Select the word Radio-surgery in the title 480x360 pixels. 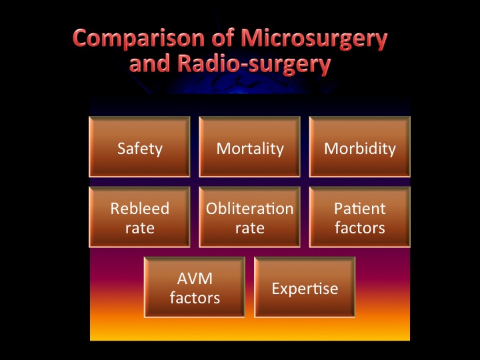click(x=254, y=64)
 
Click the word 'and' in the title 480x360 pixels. click(x=150, y=63)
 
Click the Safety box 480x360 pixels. click(x=139, y=147)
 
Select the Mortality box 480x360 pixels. click(x=250, y=147)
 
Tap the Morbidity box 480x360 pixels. click(x=360, y=147)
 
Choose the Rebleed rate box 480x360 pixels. click(x=139, y=217)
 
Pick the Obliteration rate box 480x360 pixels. click(x=250, y=217)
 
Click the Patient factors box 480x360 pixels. click(x=360, y=217)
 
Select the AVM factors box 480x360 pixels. click(x=195, y=287)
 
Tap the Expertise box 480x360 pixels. click(x=305, y=287)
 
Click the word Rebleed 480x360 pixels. click(x=140, y=209)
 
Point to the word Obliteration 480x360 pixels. click(x=250, y=209)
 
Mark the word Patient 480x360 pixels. click(x=360, y=209)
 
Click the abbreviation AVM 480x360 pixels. click(x=195, y=279)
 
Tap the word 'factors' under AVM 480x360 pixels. click(x=195, y=297)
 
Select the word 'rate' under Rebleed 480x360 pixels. click(x=140, y=229)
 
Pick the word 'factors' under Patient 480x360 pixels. click(x=360, y=227)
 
